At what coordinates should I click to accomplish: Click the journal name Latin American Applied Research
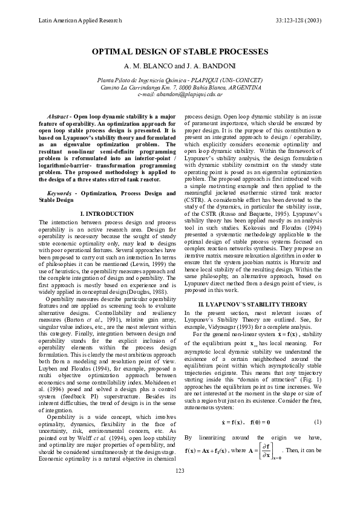click(77, 21)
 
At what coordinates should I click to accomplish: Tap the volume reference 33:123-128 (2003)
click(293, 21)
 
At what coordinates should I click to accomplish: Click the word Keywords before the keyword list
click(59, 192)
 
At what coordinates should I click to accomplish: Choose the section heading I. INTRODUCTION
click(107, 214)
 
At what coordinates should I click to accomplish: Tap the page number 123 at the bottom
click(180, 487)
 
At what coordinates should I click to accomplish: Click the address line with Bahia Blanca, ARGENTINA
click(180, 88)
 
